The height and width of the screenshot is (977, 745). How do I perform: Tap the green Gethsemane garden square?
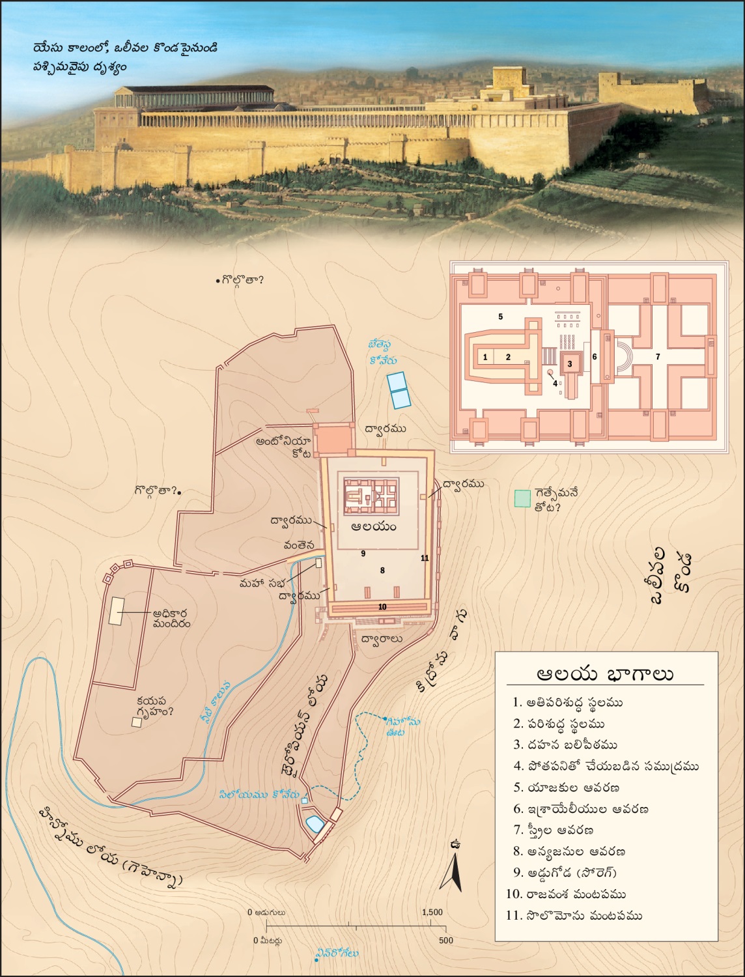(522, 498)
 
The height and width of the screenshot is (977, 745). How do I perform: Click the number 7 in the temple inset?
(658, 357)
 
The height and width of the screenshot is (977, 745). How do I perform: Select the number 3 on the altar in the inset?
(570, 363)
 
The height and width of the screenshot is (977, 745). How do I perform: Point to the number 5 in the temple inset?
(500, 317)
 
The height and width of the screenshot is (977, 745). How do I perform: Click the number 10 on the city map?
(382, 607)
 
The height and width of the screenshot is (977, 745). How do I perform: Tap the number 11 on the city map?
(425, 558)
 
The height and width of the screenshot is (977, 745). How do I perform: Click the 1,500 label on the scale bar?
(432, 913)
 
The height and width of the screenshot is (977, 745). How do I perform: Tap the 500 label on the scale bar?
(445, 941)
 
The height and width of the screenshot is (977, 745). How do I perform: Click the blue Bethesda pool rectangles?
(398, 389)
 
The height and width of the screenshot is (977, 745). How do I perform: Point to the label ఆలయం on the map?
(373, 526)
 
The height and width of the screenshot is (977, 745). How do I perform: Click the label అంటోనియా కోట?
(284, 447)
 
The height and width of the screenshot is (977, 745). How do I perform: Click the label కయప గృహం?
(155, 706)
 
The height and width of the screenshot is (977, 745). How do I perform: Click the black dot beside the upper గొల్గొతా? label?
(218, 281)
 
